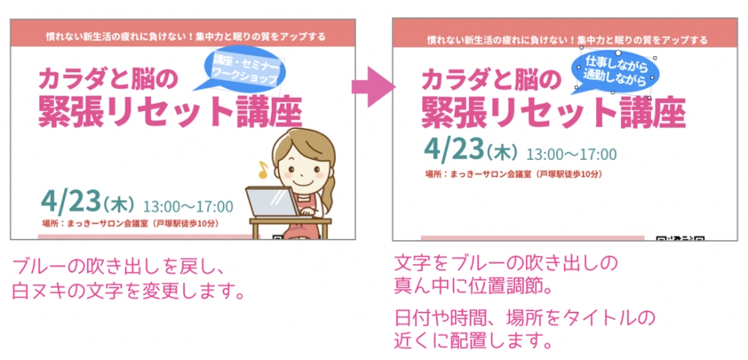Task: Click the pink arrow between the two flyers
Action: tap(374, 87)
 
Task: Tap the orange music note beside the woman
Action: tap(262, 169)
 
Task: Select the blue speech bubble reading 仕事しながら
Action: tap(615, 72)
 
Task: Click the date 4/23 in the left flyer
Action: tap(72, 202)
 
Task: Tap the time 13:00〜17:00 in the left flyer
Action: tap(188, 207)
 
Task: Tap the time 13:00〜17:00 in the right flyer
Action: tap(571, 154)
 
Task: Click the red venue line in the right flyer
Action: tap(514, 174)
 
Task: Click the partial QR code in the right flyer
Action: tap(680, 237)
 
